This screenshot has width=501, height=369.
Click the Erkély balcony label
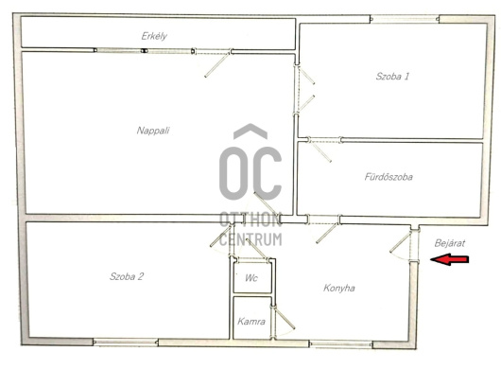pyautogui.click(x=154, y=36)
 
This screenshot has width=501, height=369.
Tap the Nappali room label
pyautogui.click(x=153, y=131)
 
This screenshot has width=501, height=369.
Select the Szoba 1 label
pyautogui.click(x=392, y=76)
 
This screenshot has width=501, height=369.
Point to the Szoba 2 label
pyautogui.click(x=127, y=276)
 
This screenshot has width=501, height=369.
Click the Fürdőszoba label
pyautogui.click(x=389, y=177)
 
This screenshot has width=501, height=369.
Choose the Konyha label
pyautogui.click(x=339, y=288)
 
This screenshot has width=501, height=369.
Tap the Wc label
pyautogui.click(x=251, y=278)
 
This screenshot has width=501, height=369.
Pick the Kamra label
pyautogui.click(x=251, y=322)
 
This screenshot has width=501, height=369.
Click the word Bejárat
pyautogui.click(x=450, y=243)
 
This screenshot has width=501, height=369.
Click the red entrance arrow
pyautogui.click(x=450, y=259)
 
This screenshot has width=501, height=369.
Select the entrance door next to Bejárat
pyautogui.click(x=400, y=243)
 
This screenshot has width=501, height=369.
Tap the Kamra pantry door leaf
pyautogui.click(x=285, y=318)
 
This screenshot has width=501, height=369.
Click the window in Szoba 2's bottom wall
pyautogui.click(x=126, y=343)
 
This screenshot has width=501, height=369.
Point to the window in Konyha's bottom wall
pyautogui.click(x=340, y=344)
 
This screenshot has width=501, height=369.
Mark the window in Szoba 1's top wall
pyautogui.click(x=405, y=19)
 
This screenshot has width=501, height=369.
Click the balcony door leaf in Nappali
pyautogui.click(x=217, y=65)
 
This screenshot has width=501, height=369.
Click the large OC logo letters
pyautogui.click(x=250, y=173)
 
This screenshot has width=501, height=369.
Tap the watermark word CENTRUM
pyautogui.click(x=250, y=239)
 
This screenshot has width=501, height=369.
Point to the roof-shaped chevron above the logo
pyautogui.click(x=250, y=132)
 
